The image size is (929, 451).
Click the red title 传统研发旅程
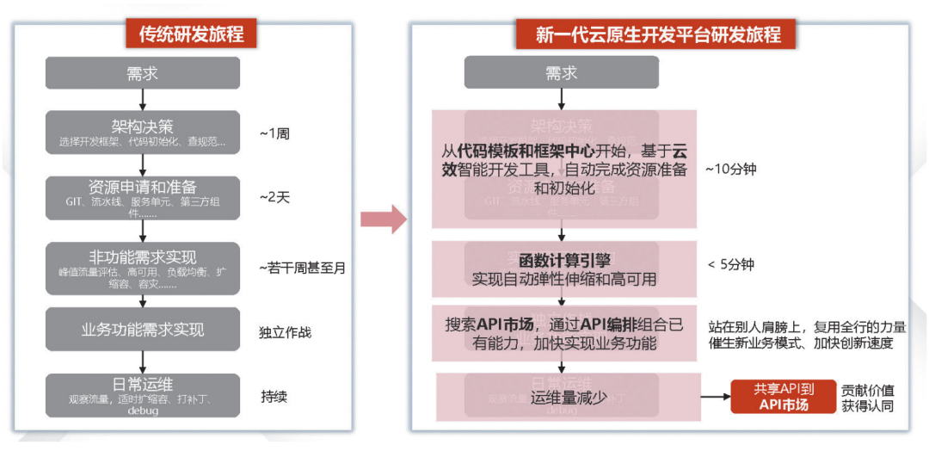point(192,34)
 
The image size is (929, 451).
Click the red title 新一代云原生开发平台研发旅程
point(658,34)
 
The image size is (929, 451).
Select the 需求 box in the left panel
point(142,73)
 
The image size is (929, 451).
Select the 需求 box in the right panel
point(561,73)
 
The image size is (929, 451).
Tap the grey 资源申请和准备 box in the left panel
point(142,197)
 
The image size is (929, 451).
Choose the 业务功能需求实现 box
point(142,331)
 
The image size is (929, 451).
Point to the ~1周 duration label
point(276,134)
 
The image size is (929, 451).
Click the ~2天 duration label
point(275,198)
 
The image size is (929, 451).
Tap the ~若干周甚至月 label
point(302,268)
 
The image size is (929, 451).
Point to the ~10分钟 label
point(730,169)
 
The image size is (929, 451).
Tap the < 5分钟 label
point(730,264)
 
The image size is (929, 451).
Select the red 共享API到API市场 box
point(783,397)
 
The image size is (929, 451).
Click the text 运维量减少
point(569,397)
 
